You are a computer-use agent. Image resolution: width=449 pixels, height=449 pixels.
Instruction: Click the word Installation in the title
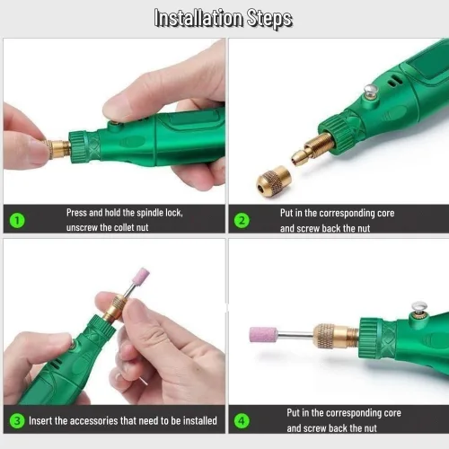[198, 18]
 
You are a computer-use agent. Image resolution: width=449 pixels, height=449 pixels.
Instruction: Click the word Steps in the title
[269, 19]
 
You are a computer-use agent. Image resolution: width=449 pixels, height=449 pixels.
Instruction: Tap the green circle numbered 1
[17, 220]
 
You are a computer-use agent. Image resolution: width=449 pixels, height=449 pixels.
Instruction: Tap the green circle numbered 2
[242, 221]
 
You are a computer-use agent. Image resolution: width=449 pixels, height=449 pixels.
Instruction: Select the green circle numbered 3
[17, 420]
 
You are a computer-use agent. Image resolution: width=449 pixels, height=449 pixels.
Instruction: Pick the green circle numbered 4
[242, 420]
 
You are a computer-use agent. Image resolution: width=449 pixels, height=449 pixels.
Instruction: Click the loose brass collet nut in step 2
[273, 181]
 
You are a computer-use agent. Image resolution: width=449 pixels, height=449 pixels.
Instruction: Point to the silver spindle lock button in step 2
[371, 90]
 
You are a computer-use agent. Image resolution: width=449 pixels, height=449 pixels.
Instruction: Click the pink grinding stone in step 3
[141, 276]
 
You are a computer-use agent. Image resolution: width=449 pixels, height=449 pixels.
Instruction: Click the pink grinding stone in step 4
[263, 334]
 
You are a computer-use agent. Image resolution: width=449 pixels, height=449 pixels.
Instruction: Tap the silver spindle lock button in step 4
[419, 306]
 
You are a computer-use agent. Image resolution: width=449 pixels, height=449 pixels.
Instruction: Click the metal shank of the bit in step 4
[295, 333]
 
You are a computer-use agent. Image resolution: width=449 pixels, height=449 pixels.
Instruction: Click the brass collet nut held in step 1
[57, 149]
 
